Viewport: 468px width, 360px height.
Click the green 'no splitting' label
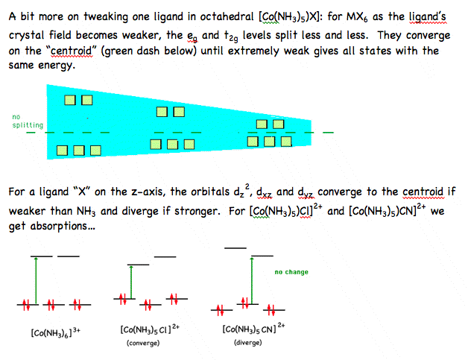click(28, 121)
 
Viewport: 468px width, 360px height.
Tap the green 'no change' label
click(291, 272)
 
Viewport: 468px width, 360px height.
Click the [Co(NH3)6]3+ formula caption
click(55, 332)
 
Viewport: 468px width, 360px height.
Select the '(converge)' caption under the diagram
click(143, 343)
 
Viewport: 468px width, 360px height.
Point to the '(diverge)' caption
click(247, 342)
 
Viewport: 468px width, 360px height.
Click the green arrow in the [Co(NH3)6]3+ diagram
click(36, 280)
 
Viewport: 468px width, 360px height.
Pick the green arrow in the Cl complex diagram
click(131, 282)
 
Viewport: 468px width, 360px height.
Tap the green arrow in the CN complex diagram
click(252, 280)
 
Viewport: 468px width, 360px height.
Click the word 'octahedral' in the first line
click(227, 16)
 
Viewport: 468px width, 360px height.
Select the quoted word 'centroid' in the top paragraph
click(72, 51)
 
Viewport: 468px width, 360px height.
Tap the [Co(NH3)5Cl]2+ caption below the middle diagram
click(150, 329)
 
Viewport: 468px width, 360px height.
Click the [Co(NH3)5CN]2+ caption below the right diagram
click(253, 329)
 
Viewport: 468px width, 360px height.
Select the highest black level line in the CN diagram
click(235, 248)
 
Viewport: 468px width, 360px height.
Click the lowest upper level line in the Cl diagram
click(138, 265)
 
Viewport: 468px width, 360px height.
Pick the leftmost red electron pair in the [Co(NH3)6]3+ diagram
click(27, 305)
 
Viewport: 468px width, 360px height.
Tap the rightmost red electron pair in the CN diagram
click(271, 310)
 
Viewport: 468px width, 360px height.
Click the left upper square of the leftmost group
click(70, 100)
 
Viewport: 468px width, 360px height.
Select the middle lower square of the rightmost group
click(270, 142)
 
